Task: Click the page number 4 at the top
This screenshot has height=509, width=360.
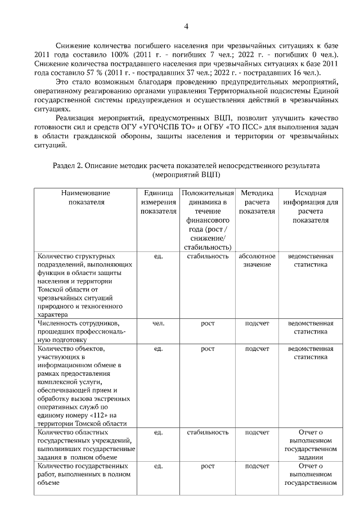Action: click(186, 26)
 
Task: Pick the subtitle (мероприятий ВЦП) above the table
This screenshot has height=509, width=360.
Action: click(186, 174)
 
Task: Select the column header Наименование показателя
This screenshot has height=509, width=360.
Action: click(86, 197)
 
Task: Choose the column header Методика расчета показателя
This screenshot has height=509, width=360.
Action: click(256, 202)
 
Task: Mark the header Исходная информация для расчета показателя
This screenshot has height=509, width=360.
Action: click(310, 206)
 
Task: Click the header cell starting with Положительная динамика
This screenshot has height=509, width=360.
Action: click(208, 220)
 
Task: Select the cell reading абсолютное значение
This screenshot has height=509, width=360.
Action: click(256, 260)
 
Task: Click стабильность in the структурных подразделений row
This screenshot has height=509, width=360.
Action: click(208, 256)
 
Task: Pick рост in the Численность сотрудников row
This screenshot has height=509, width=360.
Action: click(208, 323)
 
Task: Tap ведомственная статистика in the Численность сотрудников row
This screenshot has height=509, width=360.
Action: click(310, 328)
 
